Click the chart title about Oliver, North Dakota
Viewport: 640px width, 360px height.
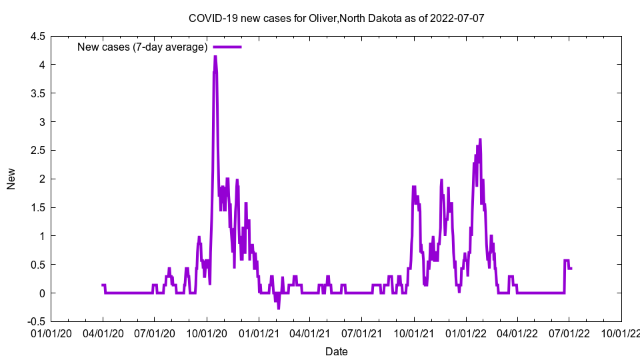pyautogui.click(x=336, y=18)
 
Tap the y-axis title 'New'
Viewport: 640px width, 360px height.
pyautogui.click(x=11, y=179)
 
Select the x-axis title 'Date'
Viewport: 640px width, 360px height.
pyautogui.click(x=336, y=351)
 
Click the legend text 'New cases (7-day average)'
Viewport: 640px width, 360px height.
pyautogui.click(x=143, y=47)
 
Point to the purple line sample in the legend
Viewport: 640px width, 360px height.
pyautogui.click(x=227, y=47)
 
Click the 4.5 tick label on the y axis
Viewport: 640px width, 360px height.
pyautogui.click(x=37, y=37)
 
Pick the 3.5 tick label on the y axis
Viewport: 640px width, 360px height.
pyautogui.click(x=37, y=93)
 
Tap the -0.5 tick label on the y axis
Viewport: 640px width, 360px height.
pyautogui.click(x=35, y=321)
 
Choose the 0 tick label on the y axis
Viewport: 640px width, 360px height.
pyautogui.click(x=42, y=293)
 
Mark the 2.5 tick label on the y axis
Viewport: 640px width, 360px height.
pyautogui.click(x=37, y=151)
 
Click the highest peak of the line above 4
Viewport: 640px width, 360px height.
pyautogui.click(x=215, y=57)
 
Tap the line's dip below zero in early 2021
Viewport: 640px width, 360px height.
pyautogui.click(x=279, y=308)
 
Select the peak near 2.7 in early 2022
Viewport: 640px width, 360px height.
pyautogui.click(x=480, y=139)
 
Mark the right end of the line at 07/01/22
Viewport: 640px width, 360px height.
pyautogui.click(x=571, y=268)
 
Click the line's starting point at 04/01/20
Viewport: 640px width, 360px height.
pyautogui.click(x=103, y=285)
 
